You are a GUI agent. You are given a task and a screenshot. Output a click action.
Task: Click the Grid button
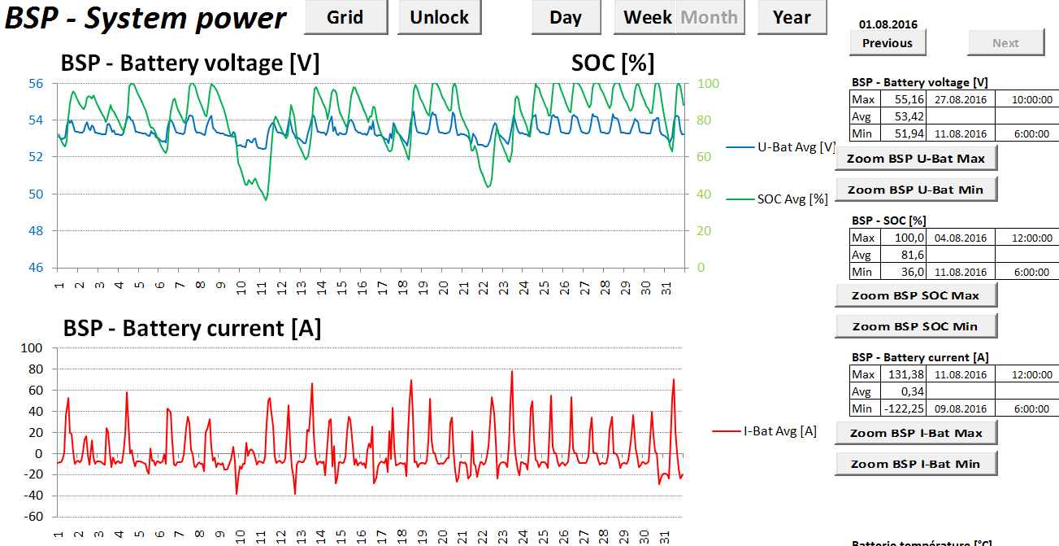click(345, 17)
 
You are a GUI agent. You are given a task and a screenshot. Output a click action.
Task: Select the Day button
click(566, 17)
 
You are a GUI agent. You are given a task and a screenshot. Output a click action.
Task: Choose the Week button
click(647, 17)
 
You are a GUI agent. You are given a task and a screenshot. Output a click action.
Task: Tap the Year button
click(792, 17)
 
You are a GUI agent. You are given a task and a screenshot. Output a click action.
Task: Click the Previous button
click(888, 43)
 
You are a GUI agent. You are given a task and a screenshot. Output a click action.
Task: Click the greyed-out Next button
click(1005, 43)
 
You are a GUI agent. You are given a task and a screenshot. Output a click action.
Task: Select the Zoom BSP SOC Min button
click(915, 326)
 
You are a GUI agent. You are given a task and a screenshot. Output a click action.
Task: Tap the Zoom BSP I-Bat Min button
click(915, 464)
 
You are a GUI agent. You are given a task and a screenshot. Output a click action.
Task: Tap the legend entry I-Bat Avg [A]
click(779, 431)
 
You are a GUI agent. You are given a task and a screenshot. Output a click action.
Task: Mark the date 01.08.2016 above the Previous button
click(888, 25)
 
